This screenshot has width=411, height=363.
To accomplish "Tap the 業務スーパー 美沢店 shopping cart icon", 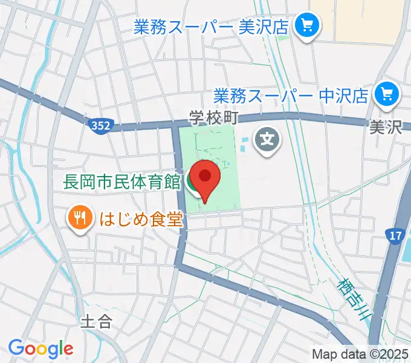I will (x=306, y=25).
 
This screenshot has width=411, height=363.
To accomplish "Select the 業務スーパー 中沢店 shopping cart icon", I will (x=386, y=94).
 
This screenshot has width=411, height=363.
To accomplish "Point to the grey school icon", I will (x=267, y=141).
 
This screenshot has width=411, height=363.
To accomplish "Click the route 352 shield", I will (x=102, y=126).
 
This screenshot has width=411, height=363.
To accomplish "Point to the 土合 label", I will (x=96, y=320).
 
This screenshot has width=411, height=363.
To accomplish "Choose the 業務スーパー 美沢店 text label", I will (x=212, y=26).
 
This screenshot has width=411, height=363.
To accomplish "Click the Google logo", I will (x=40, y=348).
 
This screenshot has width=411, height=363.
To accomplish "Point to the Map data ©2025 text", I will (x=359, y=353).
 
